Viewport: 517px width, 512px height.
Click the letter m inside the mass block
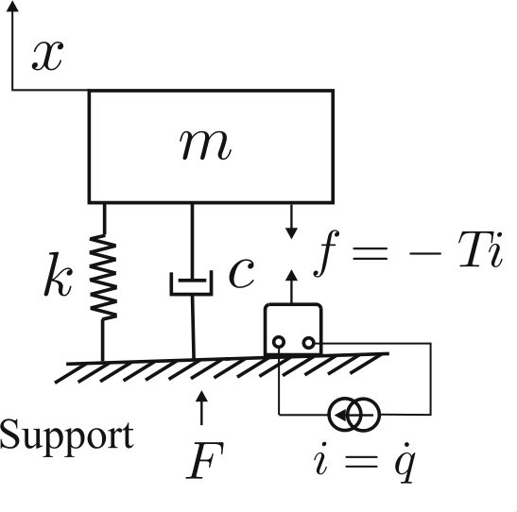pos(205,145)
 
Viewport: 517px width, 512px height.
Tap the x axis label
pos(47,56)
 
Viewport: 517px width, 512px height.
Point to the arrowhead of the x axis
pos(12,6)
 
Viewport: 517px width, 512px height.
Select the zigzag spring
pos(104,277)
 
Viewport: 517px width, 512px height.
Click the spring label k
pos(58,274)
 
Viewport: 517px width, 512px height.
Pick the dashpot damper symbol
pos(192,283)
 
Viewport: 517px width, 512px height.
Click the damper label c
pos(241,273)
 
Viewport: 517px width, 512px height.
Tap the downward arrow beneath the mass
pos(291,221)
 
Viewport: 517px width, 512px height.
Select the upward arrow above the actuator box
pos(291,286)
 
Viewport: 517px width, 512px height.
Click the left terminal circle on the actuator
pos(279,342)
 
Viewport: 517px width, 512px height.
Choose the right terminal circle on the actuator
pos(309,343)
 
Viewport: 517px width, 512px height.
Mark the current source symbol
pos(354,415)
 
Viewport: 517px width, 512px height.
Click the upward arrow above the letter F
pos(201,408)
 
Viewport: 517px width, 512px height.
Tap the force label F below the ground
pos(205,461)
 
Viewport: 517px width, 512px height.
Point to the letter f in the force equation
pos(326,253)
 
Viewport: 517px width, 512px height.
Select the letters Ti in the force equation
pos(481,249)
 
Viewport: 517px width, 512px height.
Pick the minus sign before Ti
pos(425,253)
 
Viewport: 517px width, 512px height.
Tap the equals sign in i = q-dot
pos(361,462)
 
